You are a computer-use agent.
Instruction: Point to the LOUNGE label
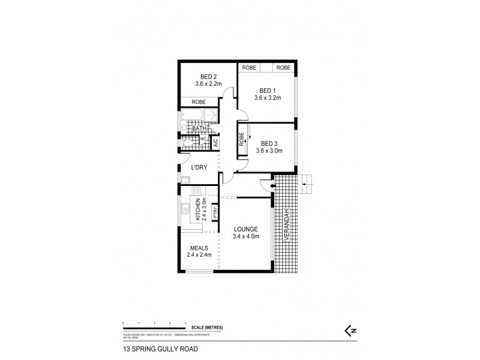point(246,229)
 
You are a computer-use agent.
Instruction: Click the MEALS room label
point(199,248)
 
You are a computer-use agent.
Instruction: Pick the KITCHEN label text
point(196,211)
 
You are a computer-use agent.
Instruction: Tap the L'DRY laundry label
point(199,167)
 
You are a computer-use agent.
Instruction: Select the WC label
point(203,139)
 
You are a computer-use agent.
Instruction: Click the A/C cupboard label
point(215,144)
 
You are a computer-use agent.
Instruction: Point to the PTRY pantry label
point(214,212)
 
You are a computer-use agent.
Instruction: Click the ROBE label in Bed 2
point(199,103)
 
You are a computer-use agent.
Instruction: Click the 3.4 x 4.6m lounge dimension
point(246,236)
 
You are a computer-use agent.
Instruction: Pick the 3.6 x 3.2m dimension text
point(266,97)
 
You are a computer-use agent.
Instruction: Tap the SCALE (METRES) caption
point(208,327)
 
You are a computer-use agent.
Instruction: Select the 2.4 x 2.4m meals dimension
point(199,256)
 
